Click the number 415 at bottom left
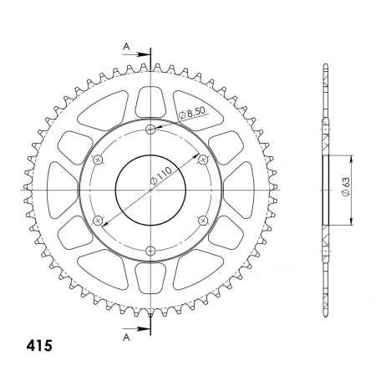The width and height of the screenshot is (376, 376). (x=39, y=346)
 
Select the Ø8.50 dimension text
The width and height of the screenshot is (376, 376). (x=192, y=114)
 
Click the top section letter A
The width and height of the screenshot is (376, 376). (x=127, y=47)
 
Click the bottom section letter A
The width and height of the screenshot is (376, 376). (x=127, y=338)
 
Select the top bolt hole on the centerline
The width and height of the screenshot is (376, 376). (x=150, y=129)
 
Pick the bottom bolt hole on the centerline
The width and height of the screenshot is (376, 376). (x=150, y=252)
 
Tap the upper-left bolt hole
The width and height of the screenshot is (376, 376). (x=98, y=160)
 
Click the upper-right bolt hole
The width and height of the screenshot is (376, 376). (x=203, y=160)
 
